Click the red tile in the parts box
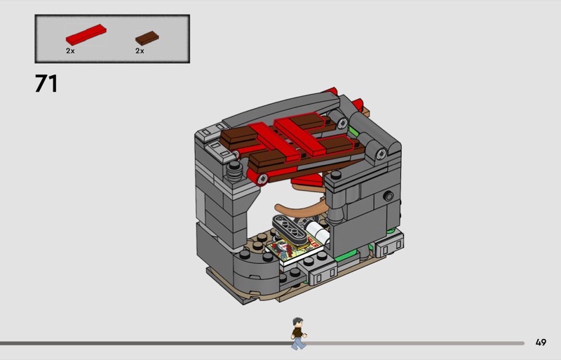click(x=86, y=34)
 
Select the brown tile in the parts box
click(x=147, y=38)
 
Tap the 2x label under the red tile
click(x=70, y=51)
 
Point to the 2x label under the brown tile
click(x=140, y=51)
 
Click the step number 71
click(x=46, y=84)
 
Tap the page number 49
click(x=541, y=342)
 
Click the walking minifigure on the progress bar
click(x=298, y=333)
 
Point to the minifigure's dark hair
click(x=297, y=321)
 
